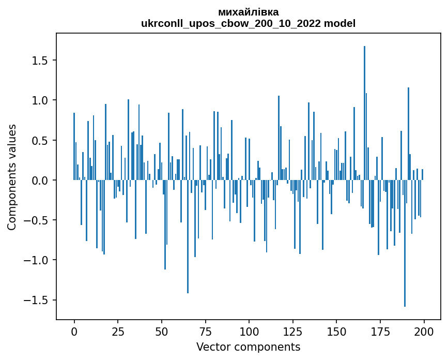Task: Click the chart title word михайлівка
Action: (248, 12)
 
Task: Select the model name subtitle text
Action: (248, 23)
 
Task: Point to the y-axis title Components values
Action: (12, 177)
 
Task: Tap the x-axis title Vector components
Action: (248, 347)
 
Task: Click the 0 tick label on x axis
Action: (74, 331)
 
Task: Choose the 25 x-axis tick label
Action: (118, 331)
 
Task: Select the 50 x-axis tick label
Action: (162, 331)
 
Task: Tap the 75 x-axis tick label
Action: (205, 331)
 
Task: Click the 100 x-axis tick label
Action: (249, 331)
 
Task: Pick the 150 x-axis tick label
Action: (336, 331)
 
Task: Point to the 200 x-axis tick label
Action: (424, 331)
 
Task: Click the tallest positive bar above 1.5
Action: (364, 114)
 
